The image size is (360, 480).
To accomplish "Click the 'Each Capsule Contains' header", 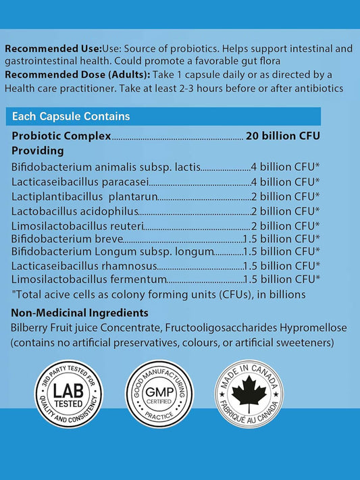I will click(71, 117).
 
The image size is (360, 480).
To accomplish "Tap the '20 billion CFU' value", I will click(282, 136).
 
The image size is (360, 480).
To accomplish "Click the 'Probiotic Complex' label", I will click(61, 136).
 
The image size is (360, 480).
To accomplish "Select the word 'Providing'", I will click(38, 151).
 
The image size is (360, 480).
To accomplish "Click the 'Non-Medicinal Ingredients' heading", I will click(80, 313).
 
